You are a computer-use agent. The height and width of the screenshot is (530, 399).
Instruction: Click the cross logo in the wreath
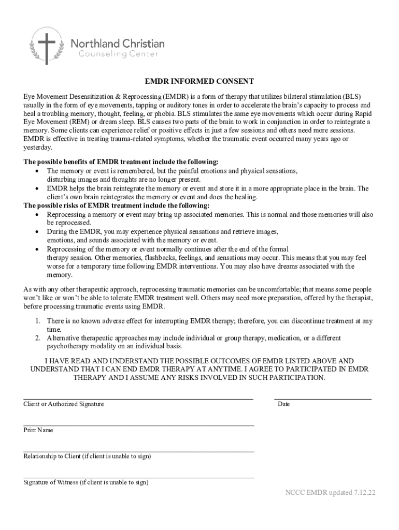click(47, 46)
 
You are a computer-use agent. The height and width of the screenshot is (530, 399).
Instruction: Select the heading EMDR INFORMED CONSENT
click(199, 82)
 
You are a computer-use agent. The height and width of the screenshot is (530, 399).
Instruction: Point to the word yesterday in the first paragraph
click(38, 146)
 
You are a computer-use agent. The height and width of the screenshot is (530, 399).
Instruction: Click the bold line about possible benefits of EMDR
click(118, 162)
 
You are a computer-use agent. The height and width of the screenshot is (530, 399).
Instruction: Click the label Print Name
click(38, 430)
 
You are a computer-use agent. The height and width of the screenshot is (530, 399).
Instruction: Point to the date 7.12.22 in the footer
click(363, 493)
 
